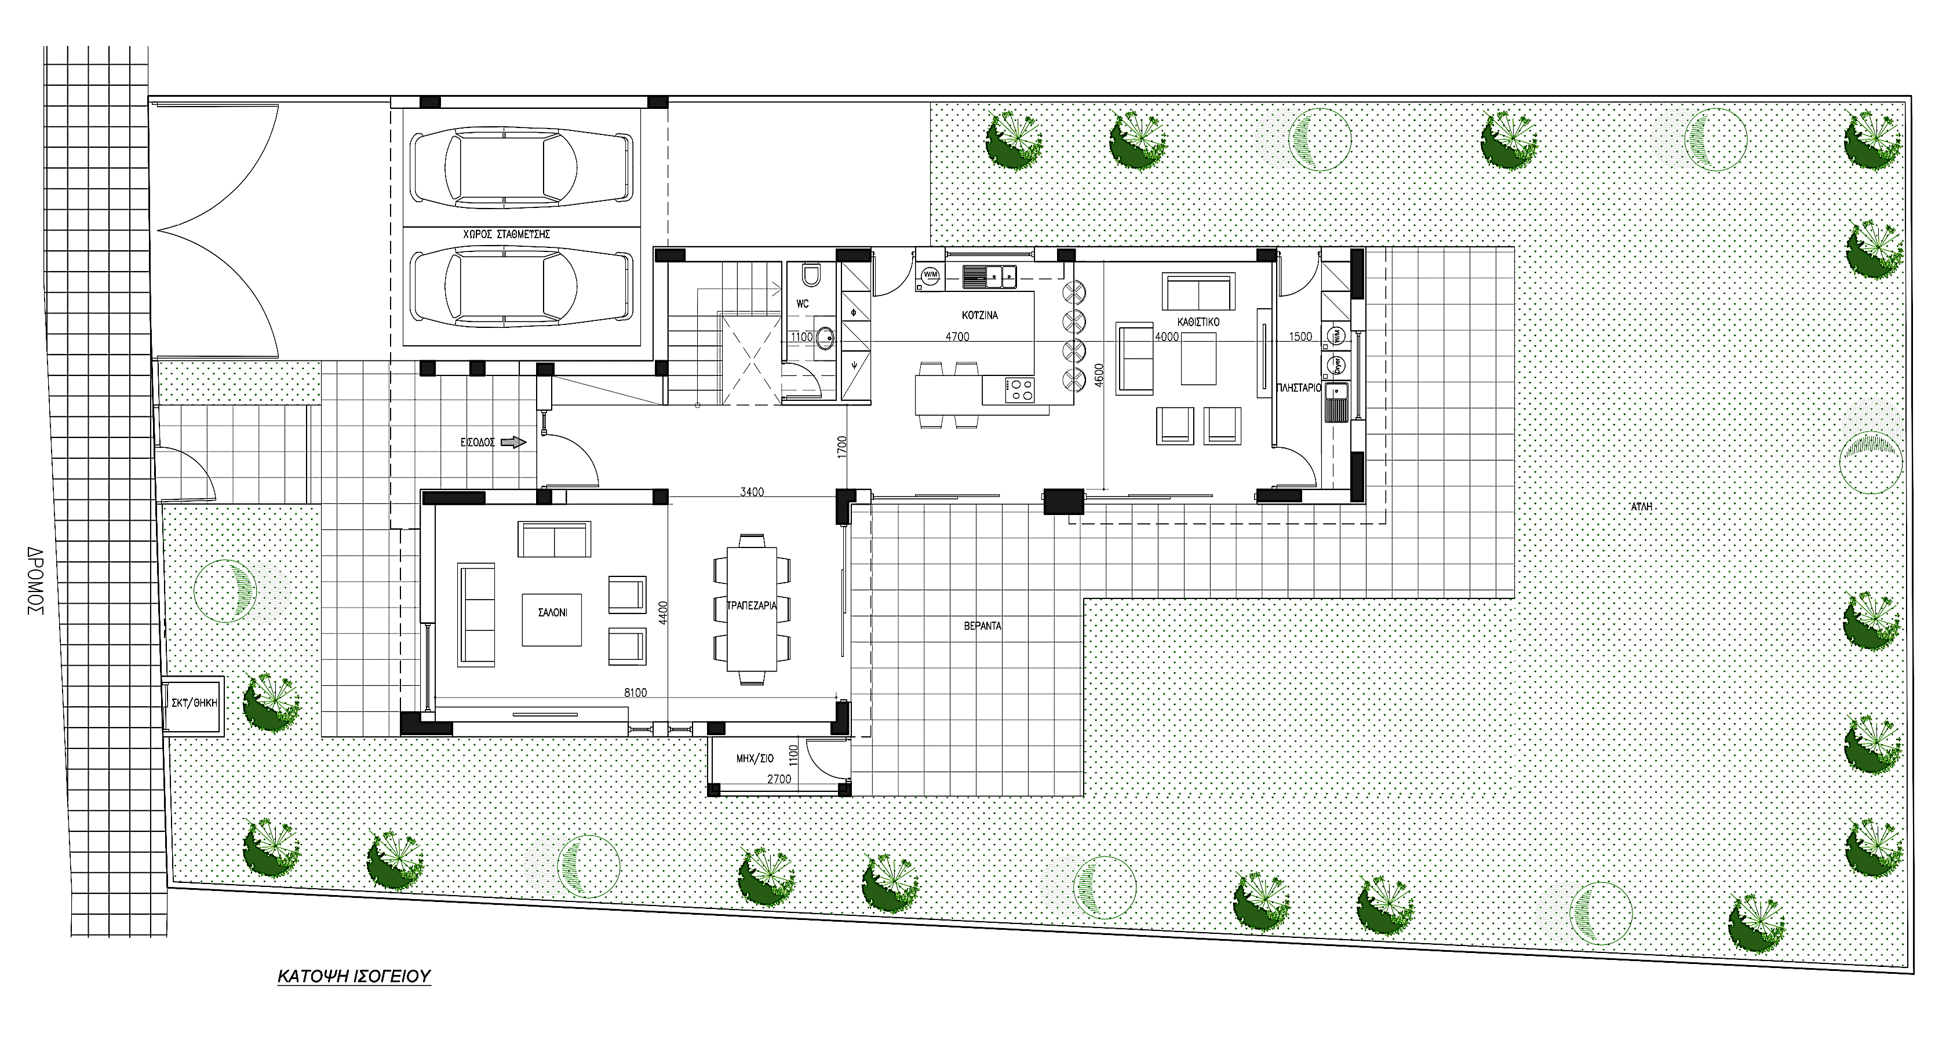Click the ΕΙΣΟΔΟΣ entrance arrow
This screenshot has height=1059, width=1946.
513,443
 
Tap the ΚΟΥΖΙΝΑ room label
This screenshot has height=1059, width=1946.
980,315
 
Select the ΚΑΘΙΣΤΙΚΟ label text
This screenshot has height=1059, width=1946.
1198,322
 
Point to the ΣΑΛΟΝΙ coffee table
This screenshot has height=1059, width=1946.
552,619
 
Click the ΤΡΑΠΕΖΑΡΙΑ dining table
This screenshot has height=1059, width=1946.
752,609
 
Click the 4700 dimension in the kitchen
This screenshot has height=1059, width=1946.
957,337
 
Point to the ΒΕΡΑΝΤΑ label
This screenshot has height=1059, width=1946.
982,626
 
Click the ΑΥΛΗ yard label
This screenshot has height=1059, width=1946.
1641,507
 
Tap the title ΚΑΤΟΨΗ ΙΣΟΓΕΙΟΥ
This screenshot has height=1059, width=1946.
354,976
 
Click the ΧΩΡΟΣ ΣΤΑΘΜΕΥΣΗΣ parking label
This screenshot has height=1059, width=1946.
506,234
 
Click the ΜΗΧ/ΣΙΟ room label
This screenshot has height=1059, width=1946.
755,758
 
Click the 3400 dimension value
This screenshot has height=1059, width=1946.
752,492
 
